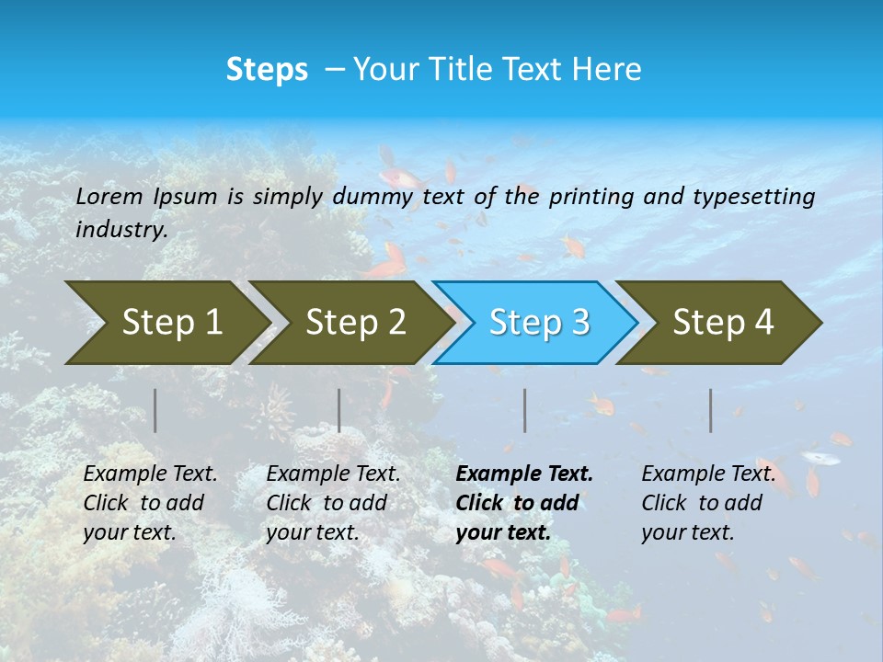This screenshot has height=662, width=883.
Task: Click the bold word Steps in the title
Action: tap(267, 70)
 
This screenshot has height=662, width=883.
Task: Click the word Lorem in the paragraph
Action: tap(109, 196)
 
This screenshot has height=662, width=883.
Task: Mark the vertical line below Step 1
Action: tap(155, 410)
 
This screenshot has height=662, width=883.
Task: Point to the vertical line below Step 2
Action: tap(339, 410)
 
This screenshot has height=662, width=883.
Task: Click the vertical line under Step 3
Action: tap(525, 410)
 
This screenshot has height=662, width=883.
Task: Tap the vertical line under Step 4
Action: tap(711, 410)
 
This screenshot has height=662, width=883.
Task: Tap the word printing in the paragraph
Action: tap(591, 197)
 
